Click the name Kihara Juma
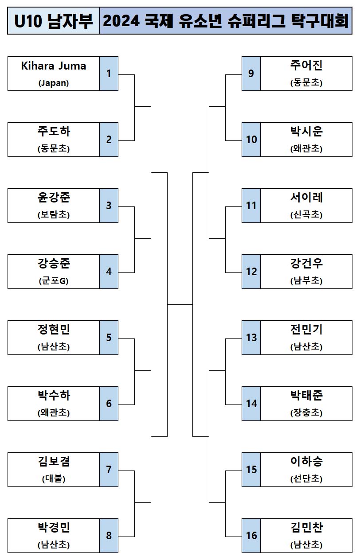54,66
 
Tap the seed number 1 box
109,74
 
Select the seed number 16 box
251,536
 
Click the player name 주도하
54,132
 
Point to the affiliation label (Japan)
54,83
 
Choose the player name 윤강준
54,198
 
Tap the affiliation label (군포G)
54,281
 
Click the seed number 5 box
109,338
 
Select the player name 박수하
54,395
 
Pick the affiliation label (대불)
54,479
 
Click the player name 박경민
54,528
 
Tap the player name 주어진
306,66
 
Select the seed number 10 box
251,140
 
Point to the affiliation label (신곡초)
306,215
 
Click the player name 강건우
306,264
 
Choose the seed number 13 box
251,338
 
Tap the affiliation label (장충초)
306,413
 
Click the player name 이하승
306,462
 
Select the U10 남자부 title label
54,21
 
